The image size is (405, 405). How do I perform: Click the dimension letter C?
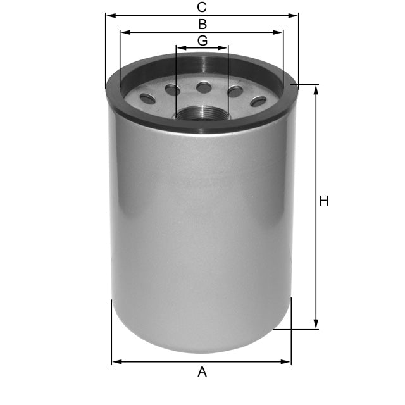coord(202,8)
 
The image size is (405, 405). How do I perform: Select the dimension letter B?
coord(202,25)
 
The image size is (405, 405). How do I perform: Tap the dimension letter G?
coord(202,40)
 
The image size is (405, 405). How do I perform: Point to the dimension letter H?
coord(324,201)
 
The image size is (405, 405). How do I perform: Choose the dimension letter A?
coord(202,372)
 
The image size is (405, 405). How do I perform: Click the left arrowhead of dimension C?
coord(108,15)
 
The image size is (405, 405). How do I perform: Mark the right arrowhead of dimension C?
coord(295,15)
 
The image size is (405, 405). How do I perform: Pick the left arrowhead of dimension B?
coord(123,32)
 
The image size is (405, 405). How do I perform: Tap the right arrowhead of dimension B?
coord(280,32)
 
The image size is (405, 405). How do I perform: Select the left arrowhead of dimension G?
coord(179,48)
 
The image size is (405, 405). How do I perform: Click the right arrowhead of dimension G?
coord(225,48)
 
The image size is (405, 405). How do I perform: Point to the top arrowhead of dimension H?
coord(316,87)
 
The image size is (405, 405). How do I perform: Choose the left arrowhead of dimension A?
coord(115,362)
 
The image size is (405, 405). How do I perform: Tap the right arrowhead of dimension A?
coord(288,362)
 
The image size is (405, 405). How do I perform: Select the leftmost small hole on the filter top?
coord(147,98)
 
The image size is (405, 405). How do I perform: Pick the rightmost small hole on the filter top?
coord(258,101)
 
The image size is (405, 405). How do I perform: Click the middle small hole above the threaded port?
coord(204,87)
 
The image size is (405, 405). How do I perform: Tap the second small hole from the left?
coord(172,90)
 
